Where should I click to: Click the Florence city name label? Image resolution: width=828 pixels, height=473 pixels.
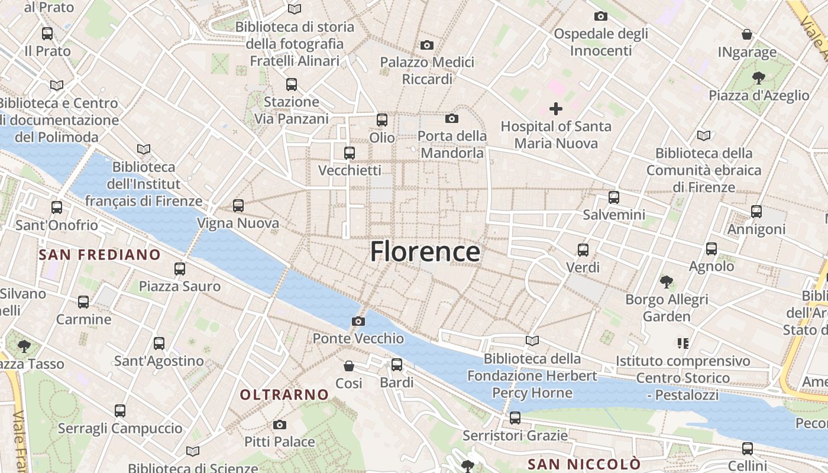coord(425,251)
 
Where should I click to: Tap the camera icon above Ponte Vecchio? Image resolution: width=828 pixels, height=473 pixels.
coord(358,322)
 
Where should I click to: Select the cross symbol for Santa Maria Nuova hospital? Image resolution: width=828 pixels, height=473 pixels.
coord(556,109)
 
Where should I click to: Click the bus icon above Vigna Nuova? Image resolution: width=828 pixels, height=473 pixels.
coord(238,206)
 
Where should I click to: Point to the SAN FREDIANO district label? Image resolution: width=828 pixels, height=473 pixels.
coord(99,255)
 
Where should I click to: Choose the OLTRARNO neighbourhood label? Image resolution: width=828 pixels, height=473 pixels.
coord(284,394)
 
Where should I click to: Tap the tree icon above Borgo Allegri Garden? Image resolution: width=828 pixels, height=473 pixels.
coord(667,282)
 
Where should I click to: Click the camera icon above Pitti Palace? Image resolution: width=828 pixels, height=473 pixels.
coord(280,425)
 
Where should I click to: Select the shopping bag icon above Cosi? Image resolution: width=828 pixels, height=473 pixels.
coord(349,366)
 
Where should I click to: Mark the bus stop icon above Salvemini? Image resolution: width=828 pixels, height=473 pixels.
coord(614,197)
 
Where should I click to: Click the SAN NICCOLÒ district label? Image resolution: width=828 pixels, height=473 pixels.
coord(584,464)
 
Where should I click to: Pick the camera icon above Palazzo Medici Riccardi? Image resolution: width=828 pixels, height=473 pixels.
coord(426,45)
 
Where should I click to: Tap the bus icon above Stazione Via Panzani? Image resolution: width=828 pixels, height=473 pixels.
coord(291,85)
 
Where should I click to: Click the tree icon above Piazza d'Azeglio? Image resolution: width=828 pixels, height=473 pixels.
coord(758,77)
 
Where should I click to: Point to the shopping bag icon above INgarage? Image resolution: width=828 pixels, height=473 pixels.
coord(747,34)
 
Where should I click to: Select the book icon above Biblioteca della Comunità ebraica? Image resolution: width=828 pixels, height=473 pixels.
coord(703,135)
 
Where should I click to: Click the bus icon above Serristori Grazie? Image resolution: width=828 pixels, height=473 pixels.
coord(515,418)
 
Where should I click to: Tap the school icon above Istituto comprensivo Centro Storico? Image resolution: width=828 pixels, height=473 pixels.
coord(683,343)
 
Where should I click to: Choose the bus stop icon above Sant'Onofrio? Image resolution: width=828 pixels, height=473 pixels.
coord(57,208)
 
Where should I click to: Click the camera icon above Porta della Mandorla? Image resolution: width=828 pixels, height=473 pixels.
coord(452,119)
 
